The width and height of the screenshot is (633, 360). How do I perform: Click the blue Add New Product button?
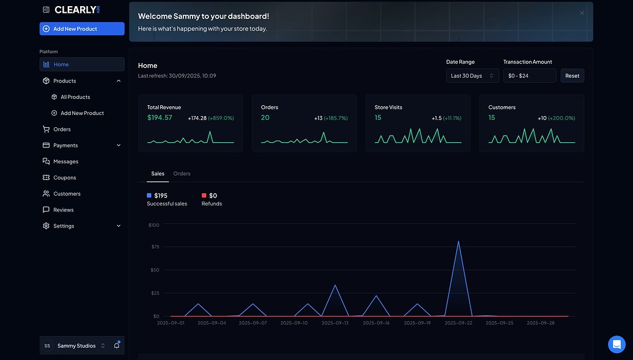coord(82,29)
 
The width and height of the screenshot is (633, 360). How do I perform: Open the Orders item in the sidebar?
coord(62,129)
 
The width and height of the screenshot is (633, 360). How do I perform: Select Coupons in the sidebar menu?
coord(65,178)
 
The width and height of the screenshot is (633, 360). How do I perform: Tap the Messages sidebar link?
coord(66,161)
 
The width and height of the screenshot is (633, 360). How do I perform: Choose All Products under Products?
coord(75,97)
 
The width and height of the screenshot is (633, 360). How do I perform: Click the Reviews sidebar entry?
coord(64,210)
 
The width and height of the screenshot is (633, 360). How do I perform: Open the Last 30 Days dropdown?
coord(472,75)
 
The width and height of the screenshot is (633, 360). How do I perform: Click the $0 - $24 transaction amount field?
coord(530,75)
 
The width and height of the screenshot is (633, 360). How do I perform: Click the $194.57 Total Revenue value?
coord(160,117)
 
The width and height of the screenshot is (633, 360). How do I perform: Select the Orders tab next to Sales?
coord(182,174)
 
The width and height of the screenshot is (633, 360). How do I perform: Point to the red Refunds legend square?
coord(204,196)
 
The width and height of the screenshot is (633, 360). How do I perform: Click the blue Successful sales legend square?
coord(149,196)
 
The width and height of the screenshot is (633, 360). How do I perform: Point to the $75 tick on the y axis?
coord(155,246)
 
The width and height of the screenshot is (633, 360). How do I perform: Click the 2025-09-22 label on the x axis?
coord(458,323)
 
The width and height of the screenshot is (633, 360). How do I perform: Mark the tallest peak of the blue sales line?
coord(458,241)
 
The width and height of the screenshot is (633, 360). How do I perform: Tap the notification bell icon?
coord(117,345)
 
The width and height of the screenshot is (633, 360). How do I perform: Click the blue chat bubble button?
coord(616,344)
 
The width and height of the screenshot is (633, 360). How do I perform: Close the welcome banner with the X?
coord(582,13)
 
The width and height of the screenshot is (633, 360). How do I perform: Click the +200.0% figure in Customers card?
coord(561,118)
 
